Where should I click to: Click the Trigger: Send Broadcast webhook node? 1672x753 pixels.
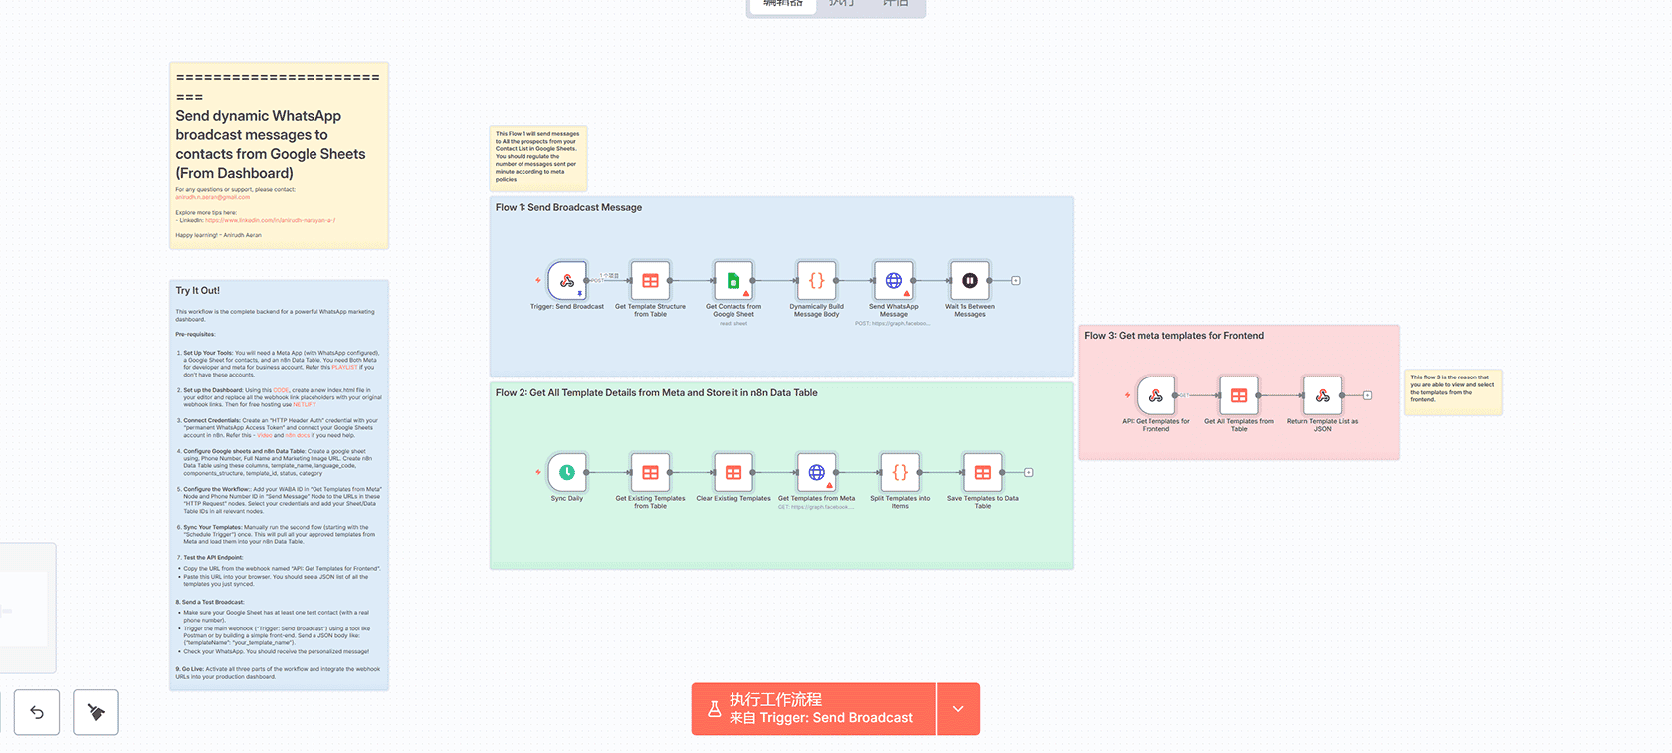pyautogui.click(x=567, y=281)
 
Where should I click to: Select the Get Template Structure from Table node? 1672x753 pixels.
pyautogui.click(x=650, y=281)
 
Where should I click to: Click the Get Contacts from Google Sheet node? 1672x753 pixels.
pyautogui.click(x=733, y=281)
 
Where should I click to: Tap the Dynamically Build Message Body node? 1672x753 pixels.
pyautogui.click(x=816, y=281)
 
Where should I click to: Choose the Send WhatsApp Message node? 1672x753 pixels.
pyautogui.click(x=894, y=281)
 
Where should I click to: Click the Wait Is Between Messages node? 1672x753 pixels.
pyautogui.click(x=970, y=281)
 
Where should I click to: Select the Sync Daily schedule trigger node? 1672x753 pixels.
pyautogui.click(x=567, y=472)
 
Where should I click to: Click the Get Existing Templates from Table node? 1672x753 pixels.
pyautogui.click(x=650, y=472)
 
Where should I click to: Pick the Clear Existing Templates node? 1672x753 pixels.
pyautogui.click(x=733, y=472)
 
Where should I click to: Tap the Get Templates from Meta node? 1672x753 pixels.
pyautogui.click(x=816, y=472)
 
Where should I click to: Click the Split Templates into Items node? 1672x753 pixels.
pyautogui.click(x=900, y=472)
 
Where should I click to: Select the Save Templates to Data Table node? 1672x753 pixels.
pyautogui.click(x=982, y=472)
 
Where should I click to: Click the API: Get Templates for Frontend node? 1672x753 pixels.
pyautogui.click(x=1155, y=395)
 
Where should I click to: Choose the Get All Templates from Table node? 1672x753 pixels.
pyautogui.click(x=1239, y=395)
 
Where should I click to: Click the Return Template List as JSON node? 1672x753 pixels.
pyautogui.click(x=1322, y=395)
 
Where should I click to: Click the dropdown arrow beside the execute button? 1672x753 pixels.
pyautogui.click(x=958, y=709)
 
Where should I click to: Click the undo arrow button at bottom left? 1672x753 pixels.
pyautogui.click(x=37, y=712)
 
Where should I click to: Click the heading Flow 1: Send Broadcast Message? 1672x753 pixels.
pyautogui.click(x=568, y=207)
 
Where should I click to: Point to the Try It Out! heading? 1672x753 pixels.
pyautogui.click(x=198, y=291)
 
